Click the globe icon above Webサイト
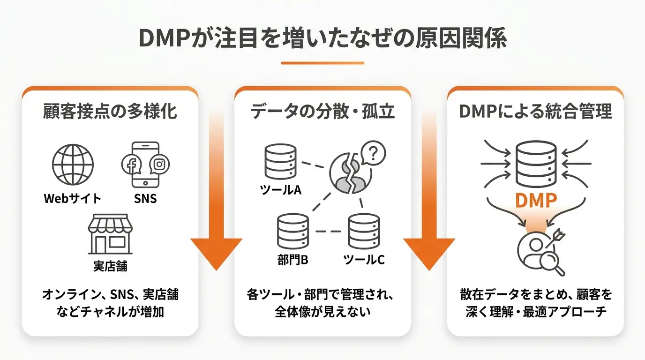point(73,165)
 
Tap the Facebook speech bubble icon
point(132,164)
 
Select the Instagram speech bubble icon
point(159,164)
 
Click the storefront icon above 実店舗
point(110,234)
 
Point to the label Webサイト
point(73,198)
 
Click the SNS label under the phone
point(145,198)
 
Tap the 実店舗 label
point(110,266)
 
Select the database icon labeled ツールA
point(280,162)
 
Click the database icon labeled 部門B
point(293,231)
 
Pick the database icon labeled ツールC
point(364,231)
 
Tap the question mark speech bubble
point(373,153)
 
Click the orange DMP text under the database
point(536,201)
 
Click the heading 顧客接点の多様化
point(110,112)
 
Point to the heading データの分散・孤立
point(322,112)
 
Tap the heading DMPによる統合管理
point(536,112)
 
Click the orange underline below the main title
point(322,63)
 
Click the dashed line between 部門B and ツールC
point(328,231)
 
